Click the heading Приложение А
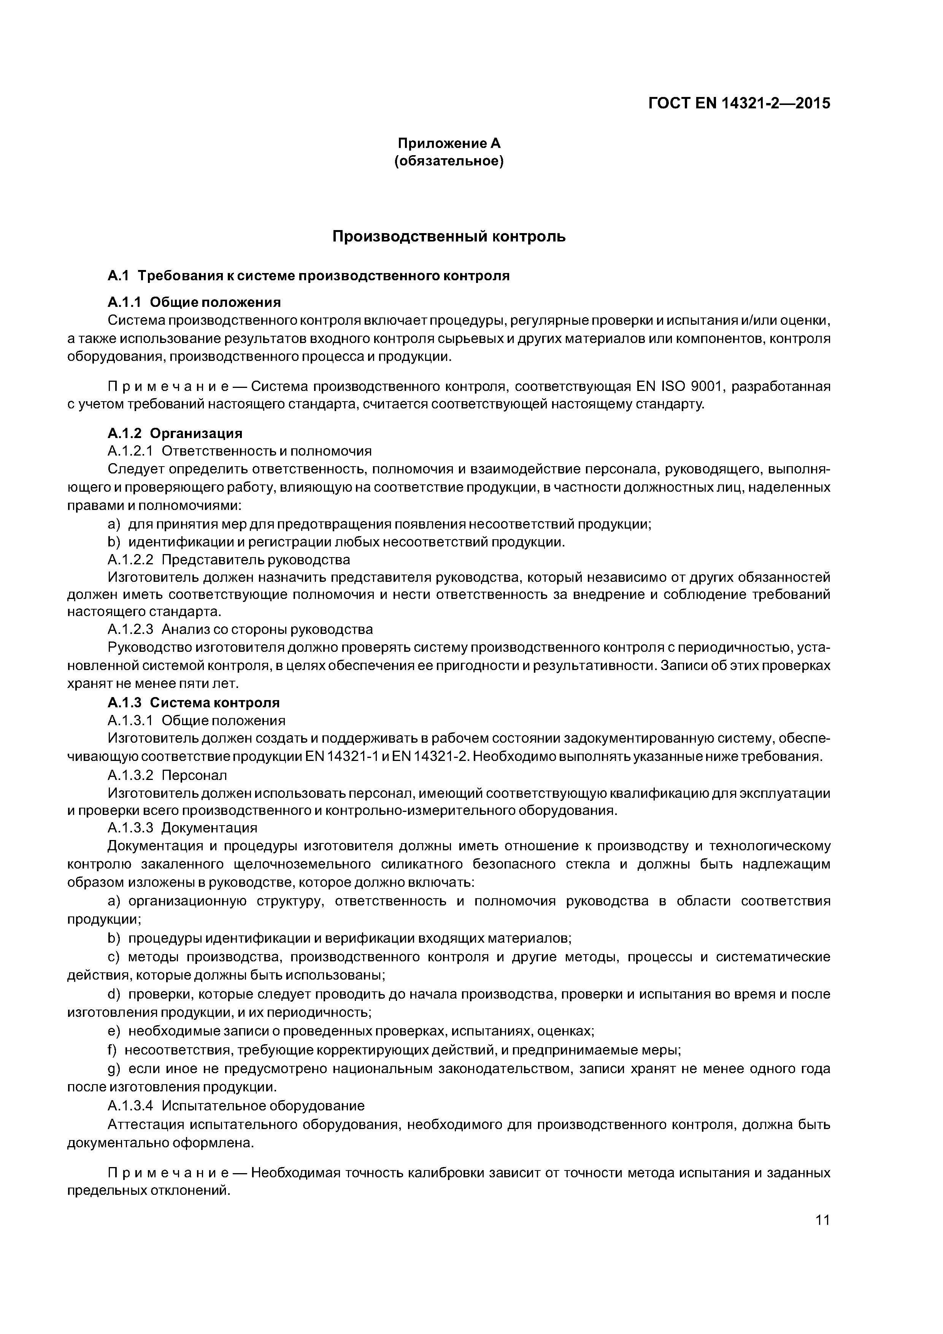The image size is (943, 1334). [449, 143]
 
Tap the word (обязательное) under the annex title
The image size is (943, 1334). [449, 161]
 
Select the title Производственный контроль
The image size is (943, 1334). [449, 237]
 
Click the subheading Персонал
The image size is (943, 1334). [194, 775]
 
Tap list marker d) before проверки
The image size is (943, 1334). [114, 994]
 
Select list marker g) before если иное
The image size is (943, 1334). [114, 1069]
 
